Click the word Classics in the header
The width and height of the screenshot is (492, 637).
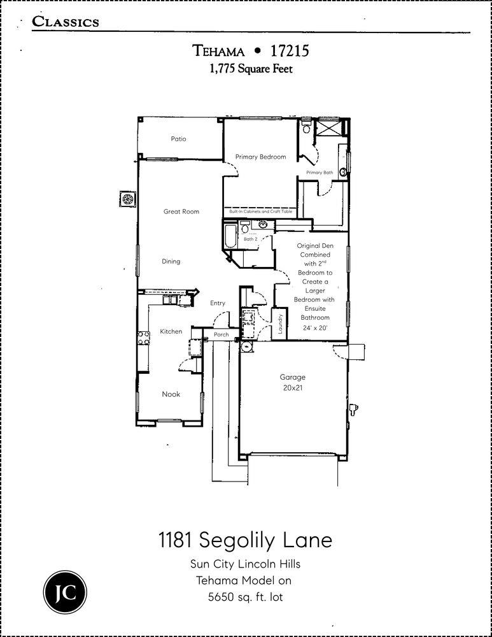tap(66, 22)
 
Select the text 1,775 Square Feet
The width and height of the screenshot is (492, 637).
tap(251, 69)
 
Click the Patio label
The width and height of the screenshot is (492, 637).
tap(178, 139)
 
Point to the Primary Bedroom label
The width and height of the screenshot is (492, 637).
tap(260, 157)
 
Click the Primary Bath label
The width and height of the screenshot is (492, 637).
tap(319, 173)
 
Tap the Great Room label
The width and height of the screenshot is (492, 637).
tap(181, 211)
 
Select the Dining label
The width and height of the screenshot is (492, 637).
tap(171, 261)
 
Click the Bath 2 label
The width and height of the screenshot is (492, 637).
tap(250, 240)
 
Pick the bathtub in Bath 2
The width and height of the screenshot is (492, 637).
tap(228, 236)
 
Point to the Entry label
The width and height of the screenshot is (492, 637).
tap(218, 303)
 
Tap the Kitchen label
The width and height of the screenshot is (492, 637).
tap(171, 331)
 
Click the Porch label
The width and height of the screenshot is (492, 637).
tap(221, 334)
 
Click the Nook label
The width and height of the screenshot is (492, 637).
tap(171, 394)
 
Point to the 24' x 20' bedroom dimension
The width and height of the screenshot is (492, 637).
tap(315, 327)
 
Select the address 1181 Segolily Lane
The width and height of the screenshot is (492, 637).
tap(245, 540)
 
